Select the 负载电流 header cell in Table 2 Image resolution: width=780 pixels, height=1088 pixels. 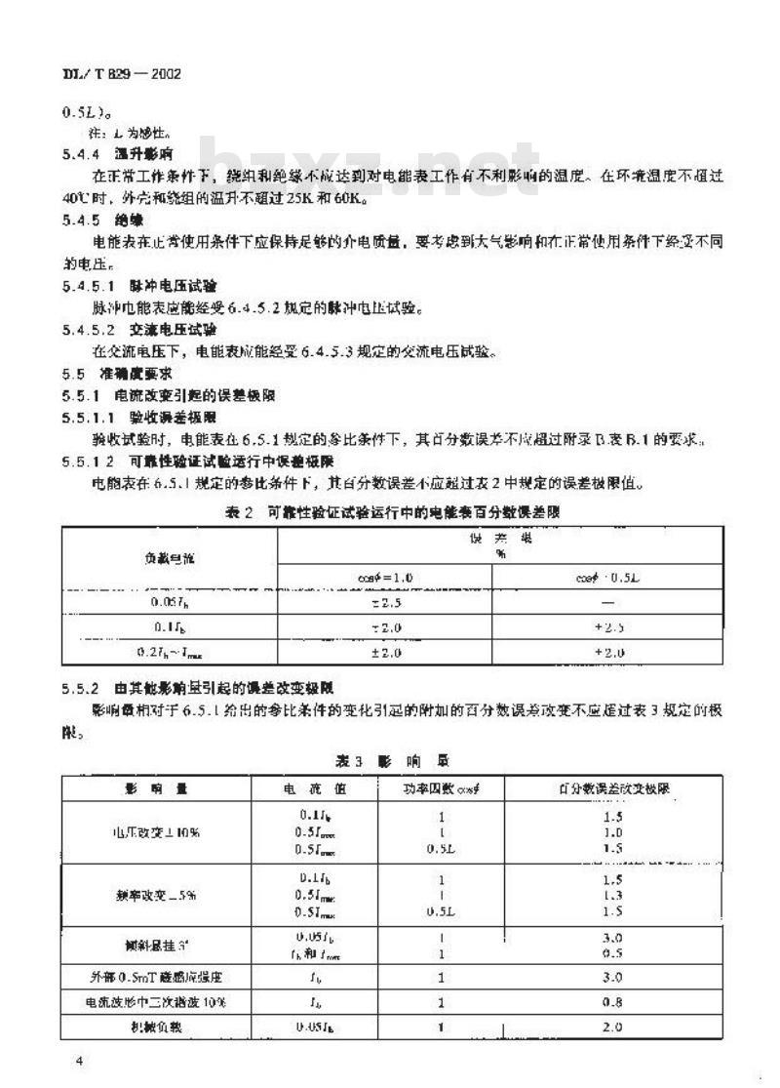pos(169,557)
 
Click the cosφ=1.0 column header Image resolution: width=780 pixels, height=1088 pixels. pos(385,578)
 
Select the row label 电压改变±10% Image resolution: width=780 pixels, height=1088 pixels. pos(156,832)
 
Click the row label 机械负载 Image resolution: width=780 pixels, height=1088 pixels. pos(156,1028)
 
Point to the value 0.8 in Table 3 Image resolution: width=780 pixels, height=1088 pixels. pos(612,1001)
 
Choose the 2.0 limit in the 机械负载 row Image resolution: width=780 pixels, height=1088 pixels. pos(612,1028)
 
